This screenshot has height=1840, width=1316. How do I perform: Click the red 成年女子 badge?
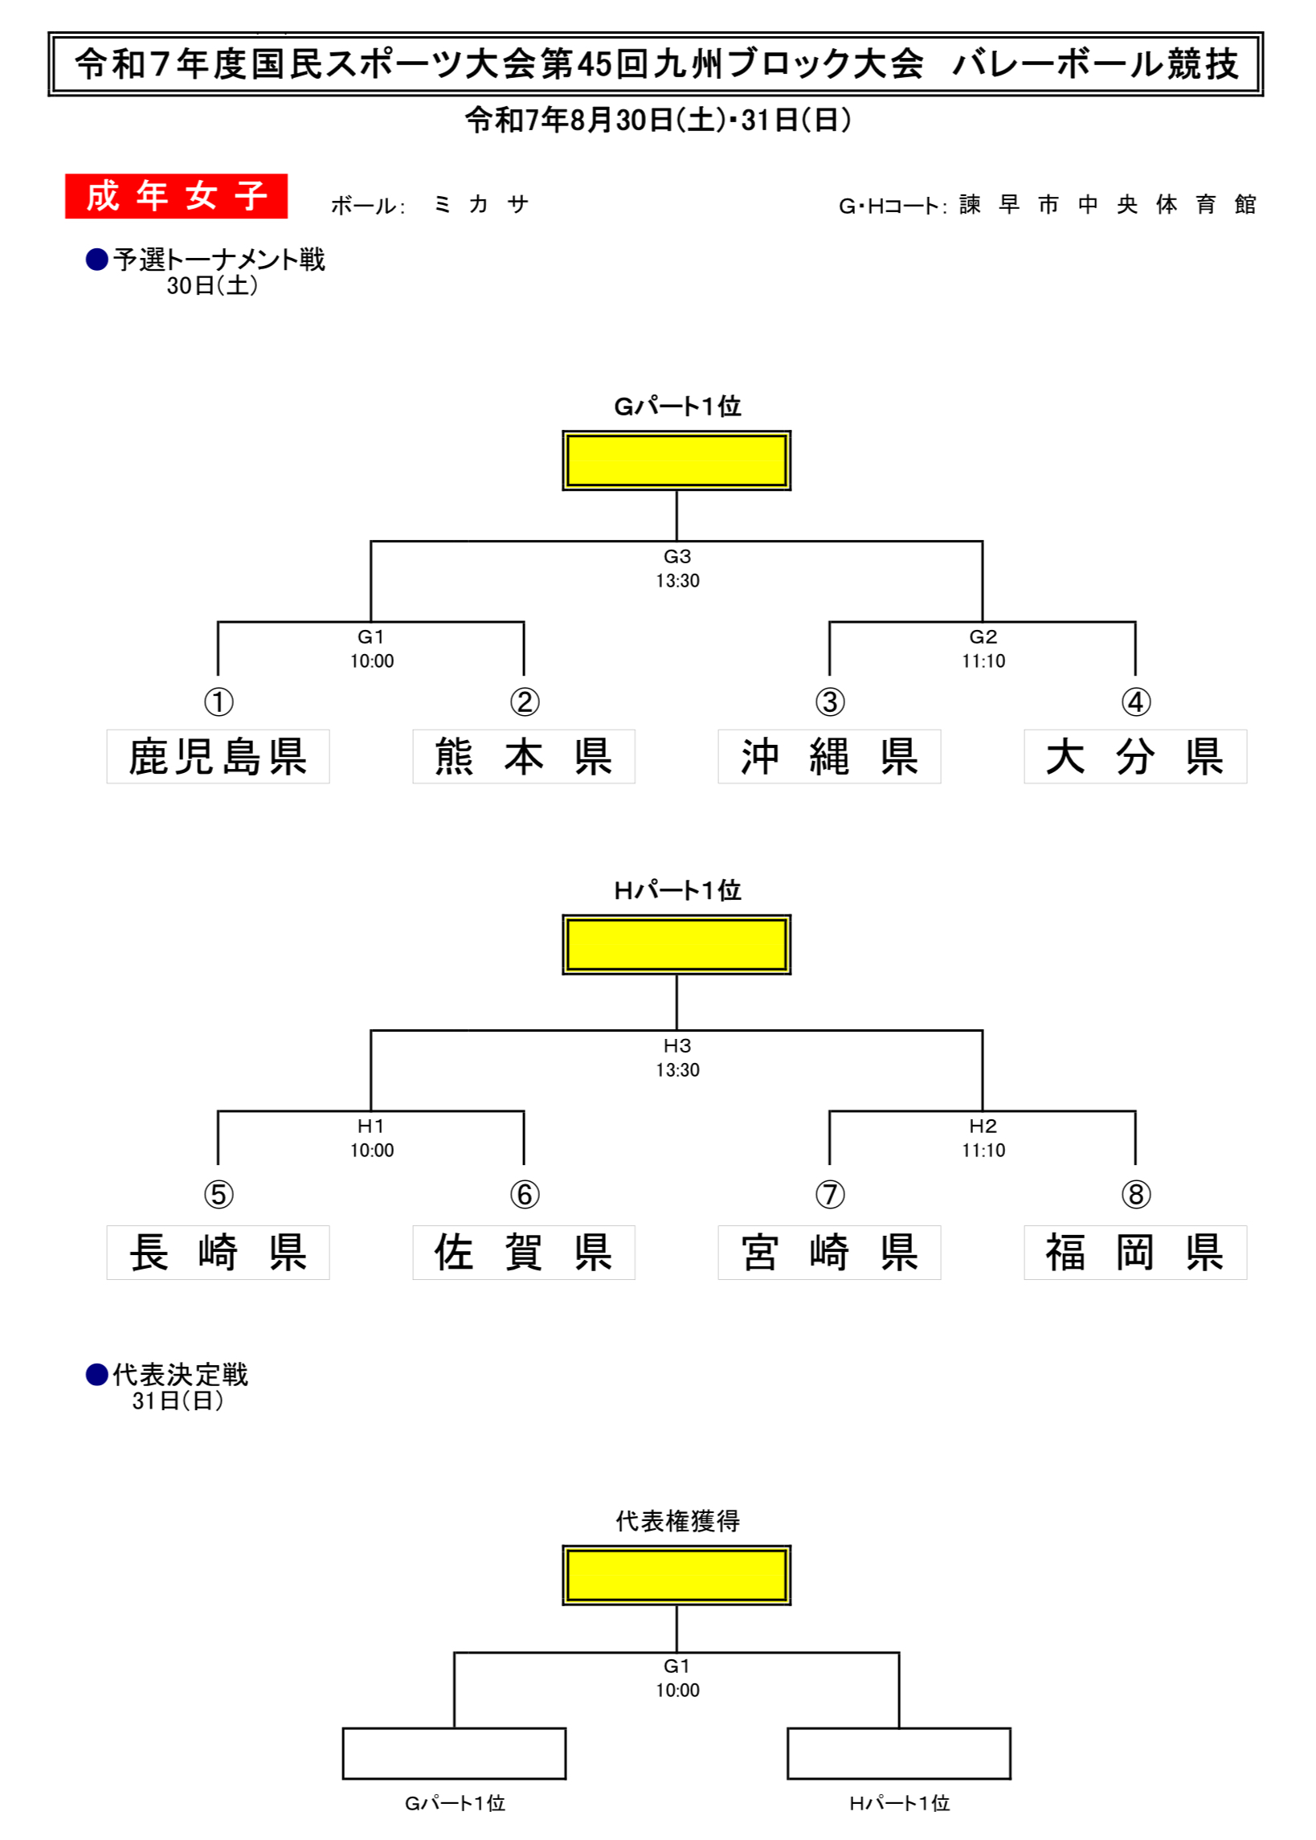(176, 196)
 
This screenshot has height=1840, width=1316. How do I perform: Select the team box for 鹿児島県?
(218, 756)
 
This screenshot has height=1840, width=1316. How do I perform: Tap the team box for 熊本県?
(524, 756)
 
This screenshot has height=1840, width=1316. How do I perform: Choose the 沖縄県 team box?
(829, 756)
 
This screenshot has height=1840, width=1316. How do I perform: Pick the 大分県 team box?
(1134, 756)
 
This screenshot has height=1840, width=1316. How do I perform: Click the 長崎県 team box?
(218, 1252)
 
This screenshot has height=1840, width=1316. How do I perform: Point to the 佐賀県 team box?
(524, 1252)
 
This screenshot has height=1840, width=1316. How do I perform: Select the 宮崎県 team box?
(829, 1252)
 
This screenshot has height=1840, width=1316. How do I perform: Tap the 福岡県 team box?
(1134, 1252)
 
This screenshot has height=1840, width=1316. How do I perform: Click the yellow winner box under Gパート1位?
(676, 460)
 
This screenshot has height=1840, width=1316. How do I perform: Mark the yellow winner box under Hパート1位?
(676, 944)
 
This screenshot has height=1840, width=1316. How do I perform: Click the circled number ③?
(830, 701)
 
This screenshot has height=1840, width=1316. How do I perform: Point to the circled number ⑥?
(525, 1193)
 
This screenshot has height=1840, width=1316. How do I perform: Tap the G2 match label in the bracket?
(982, 637)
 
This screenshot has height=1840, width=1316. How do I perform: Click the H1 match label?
(371, 1126)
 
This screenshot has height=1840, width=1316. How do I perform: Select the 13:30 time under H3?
(677, 1069)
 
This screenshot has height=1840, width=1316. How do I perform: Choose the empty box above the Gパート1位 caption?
(454, 1753)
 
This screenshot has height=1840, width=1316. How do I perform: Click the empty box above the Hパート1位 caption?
(899, 1753)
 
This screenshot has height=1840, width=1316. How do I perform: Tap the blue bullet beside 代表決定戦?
(97, 1374)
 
